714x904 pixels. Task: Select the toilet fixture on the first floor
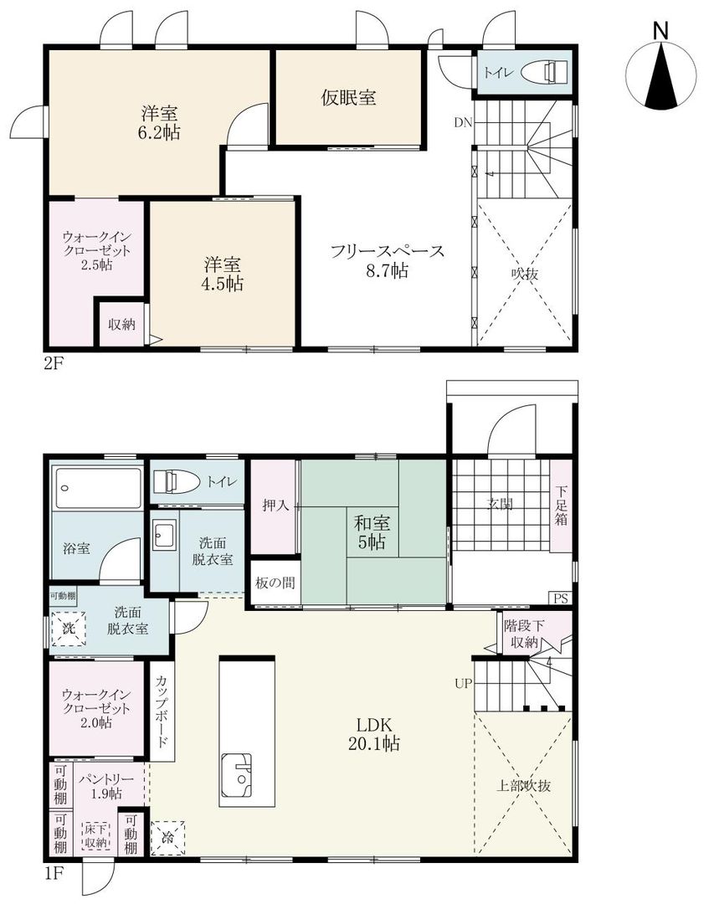tap(177, 481)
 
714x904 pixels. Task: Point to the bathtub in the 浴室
tap(97, 487)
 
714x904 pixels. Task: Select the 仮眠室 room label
tap(348, 98)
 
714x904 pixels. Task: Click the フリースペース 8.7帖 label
tap(385, 260)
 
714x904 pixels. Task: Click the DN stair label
tap(464, 122)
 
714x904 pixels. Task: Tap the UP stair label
tap(464, 683)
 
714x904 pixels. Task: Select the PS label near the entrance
tap(560, 598)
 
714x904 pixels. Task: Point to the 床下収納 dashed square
tap(95, 836)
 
